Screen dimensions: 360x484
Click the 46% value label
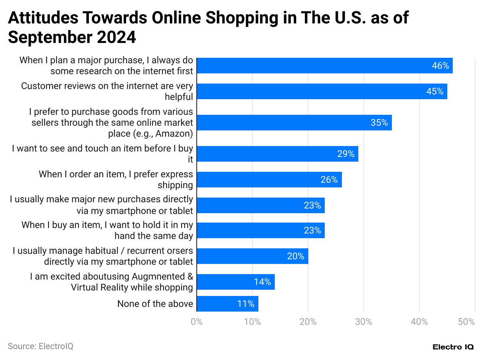tap(440, 66)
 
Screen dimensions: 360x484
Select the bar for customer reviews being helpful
tap(322, 91)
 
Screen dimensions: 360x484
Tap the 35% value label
tap(379, 123)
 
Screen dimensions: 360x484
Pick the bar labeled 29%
tap(277, 154)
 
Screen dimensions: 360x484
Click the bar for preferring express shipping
tap(269, 180)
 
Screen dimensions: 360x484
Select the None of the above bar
tap(227, 304)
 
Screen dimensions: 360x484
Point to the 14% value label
tap(262, 282)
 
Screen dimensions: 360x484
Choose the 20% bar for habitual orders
tap(252, 256)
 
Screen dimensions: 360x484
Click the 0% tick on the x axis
tap(196, 322)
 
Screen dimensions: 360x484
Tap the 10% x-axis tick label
tap(252, 322)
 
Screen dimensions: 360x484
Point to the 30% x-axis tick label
tap(363, 322)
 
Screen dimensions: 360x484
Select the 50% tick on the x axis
tap(466, 322)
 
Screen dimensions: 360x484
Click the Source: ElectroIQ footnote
tap(41, 346)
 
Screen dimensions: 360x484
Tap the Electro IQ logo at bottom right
tap(453, 347)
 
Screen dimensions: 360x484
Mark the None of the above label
tap(155, 304)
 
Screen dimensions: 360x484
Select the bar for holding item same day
tap(260, 230)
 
